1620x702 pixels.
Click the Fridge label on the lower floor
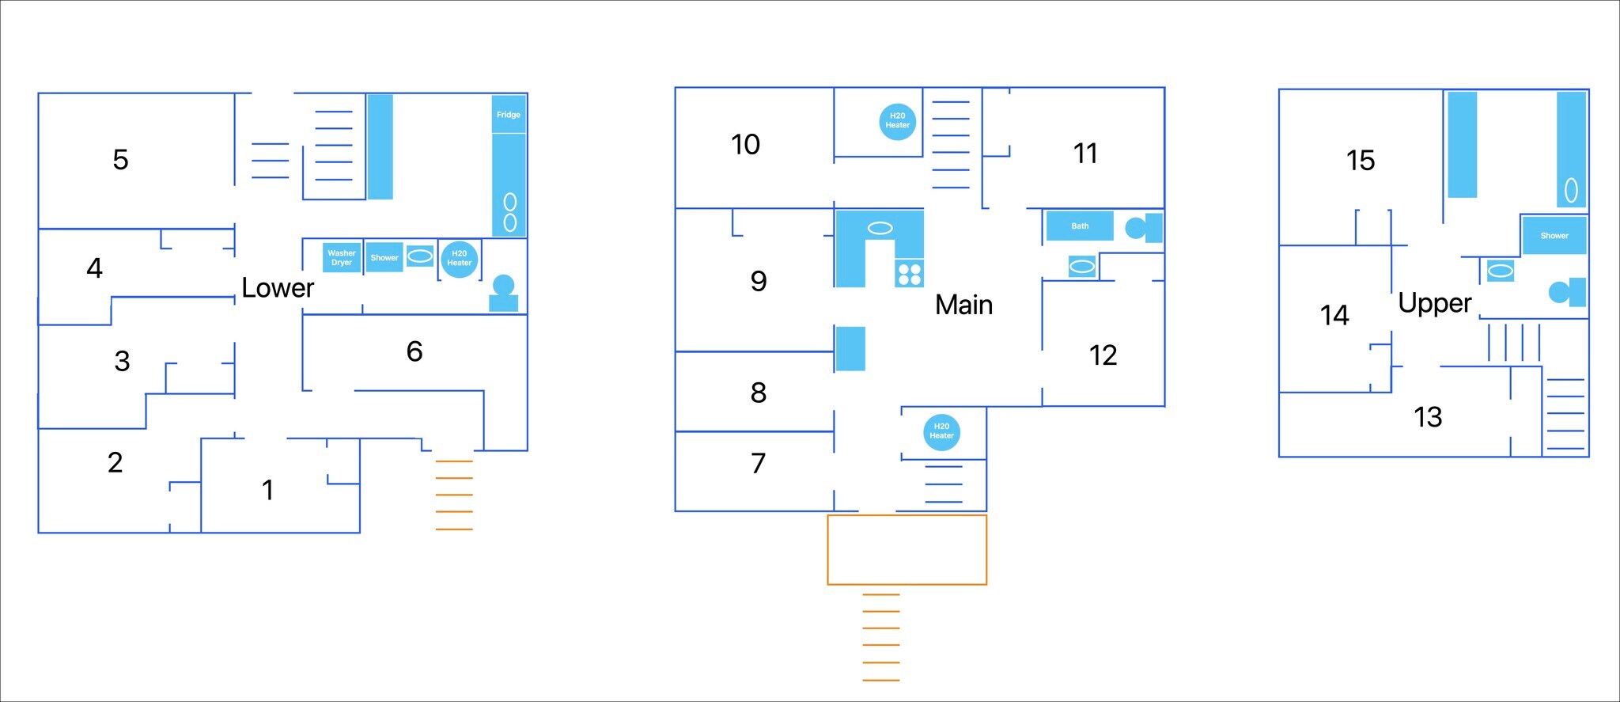(509, 115)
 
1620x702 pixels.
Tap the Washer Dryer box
(342, 258)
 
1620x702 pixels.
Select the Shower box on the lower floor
(384, 258)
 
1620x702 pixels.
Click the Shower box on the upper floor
(1554, 235)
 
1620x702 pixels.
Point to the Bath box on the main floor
(1080, 226)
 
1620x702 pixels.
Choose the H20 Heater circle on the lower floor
(460, 259)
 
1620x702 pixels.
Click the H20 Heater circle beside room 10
(898, 121)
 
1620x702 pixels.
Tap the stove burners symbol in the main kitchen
(910, 274)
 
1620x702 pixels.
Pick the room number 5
(120, 160)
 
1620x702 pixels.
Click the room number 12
(1103, 355)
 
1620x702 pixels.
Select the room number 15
(1361, 161)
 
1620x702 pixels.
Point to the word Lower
(278, 288)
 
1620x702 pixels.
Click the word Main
(963, 305)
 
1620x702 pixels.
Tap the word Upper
(1435, 303)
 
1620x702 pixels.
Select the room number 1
(268, 491)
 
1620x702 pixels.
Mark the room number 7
(758, 463)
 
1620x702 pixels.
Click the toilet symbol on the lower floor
(504, 293)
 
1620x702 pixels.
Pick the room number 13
(1428, 417)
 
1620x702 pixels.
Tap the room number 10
(745, 145)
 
